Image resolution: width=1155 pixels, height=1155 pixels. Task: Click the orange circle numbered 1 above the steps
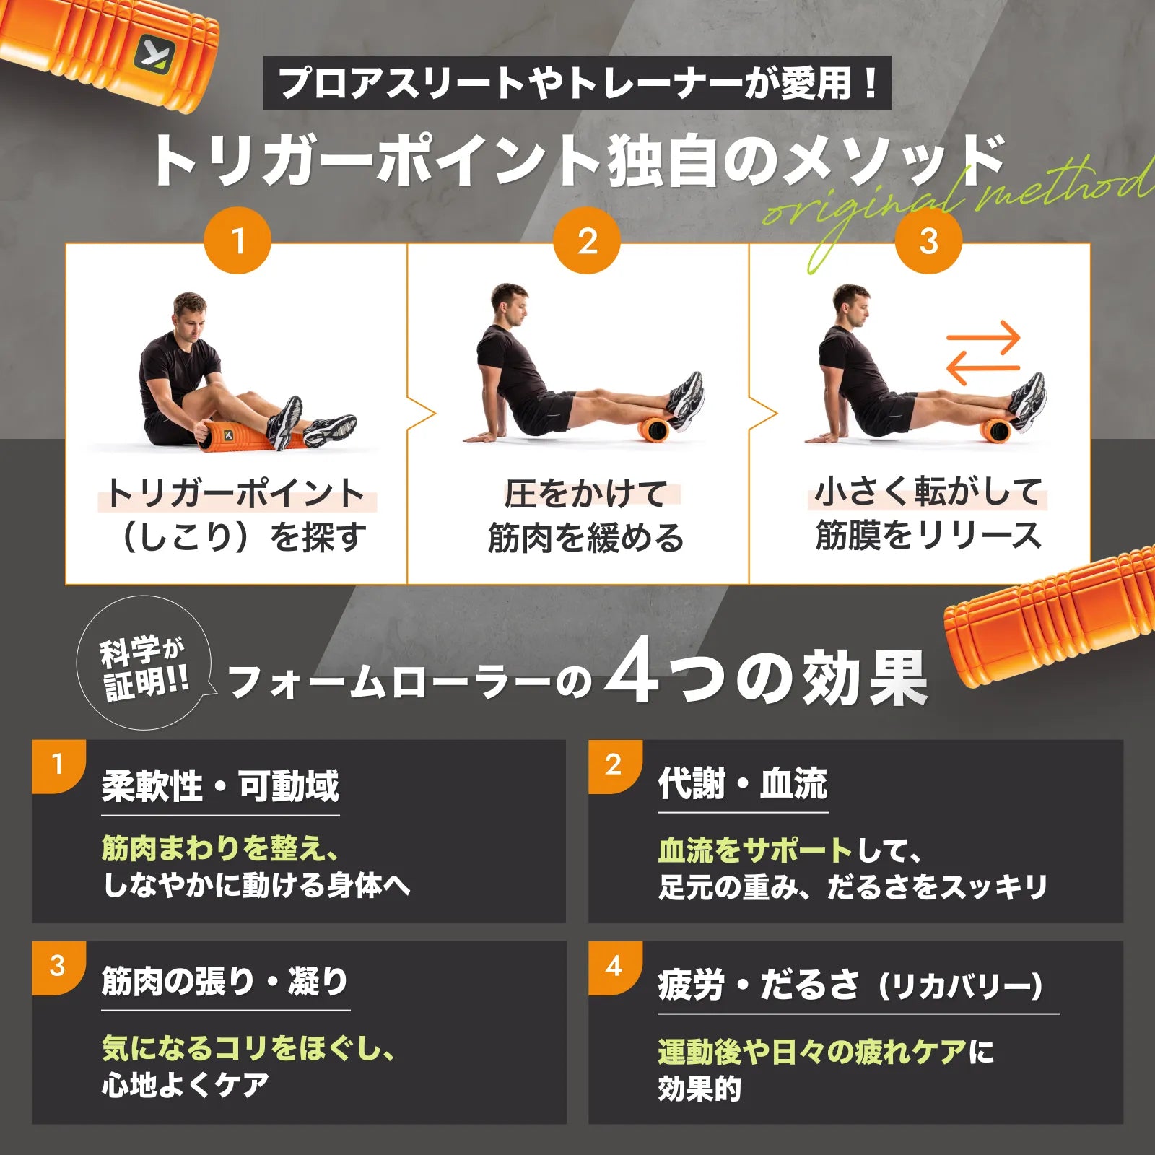tap(237, 240)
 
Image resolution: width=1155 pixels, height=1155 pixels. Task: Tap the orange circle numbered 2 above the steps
tap(587, 240)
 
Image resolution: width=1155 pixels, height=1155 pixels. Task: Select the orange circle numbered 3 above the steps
tap(928, 240)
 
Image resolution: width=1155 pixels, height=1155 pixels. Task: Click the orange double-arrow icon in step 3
tap(983, 353)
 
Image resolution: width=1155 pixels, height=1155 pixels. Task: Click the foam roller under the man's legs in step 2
tap(657, 429)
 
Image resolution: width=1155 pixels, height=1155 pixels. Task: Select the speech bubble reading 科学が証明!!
tap(144, 663)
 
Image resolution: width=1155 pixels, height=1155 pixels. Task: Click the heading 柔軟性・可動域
tap(220, 786)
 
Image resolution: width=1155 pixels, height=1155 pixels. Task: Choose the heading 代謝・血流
tap(742, 784)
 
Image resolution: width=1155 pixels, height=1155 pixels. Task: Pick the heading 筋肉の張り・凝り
tap(225, 981)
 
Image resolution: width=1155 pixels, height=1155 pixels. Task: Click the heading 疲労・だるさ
tap(758, 985)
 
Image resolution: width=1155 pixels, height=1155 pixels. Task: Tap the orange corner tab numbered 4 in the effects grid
tap(614, 967)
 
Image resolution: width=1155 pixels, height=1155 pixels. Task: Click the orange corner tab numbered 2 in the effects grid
tap(614, 765)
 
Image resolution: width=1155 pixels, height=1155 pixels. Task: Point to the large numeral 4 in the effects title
tap(632, 673)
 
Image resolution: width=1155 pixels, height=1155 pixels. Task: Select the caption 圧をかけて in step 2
tap(586, 494)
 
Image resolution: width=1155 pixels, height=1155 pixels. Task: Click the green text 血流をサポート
tap(755, 850)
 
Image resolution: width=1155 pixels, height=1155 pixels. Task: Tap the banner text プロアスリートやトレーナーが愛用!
tap(577, 83)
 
